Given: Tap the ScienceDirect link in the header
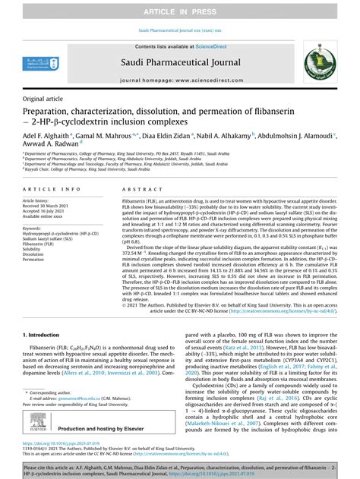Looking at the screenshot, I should click(x=215, y=47).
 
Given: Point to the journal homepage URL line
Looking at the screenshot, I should click(x=180, y=79).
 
